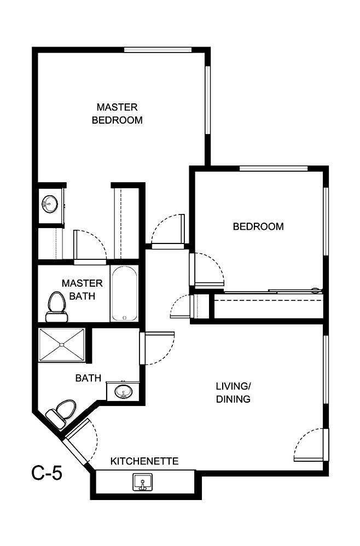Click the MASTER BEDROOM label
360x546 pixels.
tap(117, 113)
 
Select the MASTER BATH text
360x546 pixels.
tap(82, 290)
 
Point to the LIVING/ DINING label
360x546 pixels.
tap(233, 393)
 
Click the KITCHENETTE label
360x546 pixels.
tap(144, 461)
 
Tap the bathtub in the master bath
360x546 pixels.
tap(124, 294)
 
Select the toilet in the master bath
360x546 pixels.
tap(56, 307)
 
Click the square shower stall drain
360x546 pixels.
tap(61, 345)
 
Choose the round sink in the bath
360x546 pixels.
tap(123, 392)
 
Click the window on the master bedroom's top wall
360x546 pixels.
tap(158, 50)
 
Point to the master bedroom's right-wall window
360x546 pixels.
tap(207, 100)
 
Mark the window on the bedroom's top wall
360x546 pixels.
tap(274, 168)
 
